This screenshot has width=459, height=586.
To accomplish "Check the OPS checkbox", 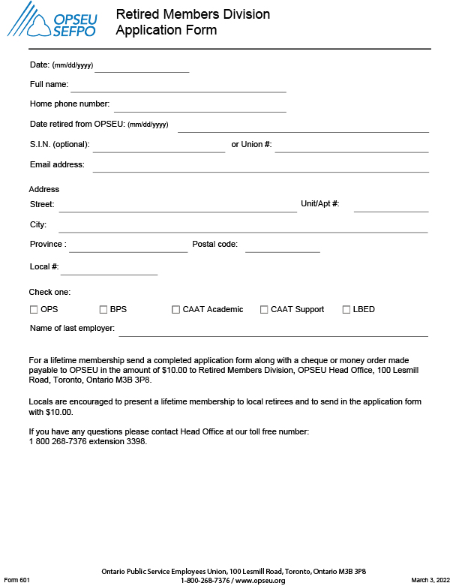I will [34, 309].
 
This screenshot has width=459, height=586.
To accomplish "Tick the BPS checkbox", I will [103, 309].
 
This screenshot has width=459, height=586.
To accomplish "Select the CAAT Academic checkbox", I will [176, 309].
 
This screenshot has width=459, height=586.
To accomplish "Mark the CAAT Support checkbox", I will [264, 309].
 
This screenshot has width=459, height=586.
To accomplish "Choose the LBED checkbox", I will [346, 309].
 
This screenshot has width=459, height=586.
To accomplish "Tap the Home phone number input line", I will [199, 107].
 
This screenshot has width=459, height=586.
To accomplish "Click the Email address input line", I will [260, 167].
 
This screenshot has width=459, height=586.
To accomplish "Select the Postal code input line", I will [282, 248].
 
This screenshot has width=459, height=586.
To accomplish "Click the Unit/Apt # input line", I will [391, 207].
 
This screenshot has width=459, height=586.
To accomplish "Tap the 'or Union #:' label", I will [251, 144].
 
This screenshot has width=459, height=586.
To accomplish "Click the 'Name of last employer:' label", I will [72, 328].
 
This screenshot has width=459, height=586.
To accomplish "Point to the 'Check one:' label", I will [49, 292].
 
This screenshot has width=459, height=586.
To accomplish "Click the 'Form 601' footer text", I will [16, 580].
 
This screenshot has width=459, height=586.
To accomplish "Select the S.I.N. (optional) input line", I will [158, 147].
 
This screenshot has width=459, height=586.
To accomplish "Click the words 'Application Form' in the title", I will [166, 30].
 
